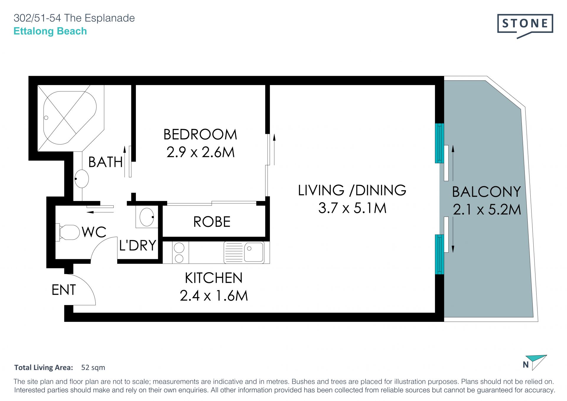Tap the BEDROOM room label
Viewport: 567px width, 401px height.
[x=200, y=134]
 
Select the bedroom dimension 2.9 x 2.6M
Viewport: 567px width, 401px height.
[x=201, y=152]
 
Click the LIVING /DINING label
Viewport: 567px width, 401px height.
[x=352, y=190]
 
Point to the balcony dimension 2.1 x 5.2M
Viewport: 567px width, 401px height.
[x=487, y=210]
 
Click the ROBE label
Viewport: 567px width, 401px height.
[x=212, y=222]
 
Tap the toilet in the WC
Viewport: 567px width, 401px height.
[x=68, y=232]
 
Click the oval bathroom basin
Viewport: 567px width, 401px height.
[x=82, y=179]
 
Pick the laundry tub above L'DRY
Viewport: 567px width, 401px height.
[x=147, y=217]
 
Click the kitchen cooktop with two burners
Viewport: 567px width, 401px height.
[x=180, y=252]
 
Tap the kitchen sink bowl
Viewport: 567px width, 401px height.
[x=254, y=252]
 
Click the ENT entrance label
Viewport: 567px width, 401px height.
[x=64, y=290]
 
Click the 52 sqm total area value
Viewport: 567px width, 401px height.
[x=93, y=367]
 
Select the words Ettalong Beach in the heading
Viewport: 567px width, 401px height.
[x=50, y=31]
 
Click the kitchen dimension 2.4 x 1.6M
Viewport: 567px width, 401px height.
[x=214, y=296]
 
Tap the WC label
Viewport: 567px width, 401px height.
[x=94, y=232]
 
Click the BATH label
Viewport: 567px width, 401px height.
[x=105, y=162]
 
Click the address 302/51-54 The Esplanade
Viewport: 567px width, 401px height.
[x=74, y=18]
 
